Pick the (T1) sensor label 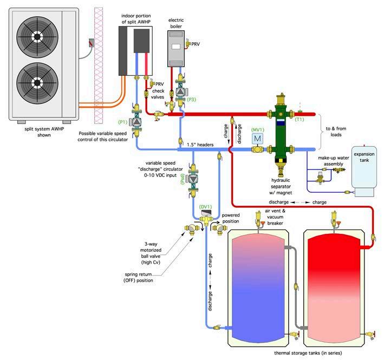point(300,119)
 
